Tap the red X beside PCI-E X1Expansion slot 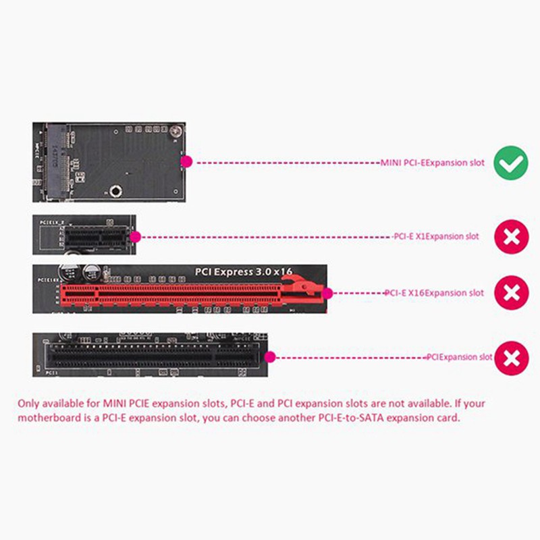tap(512, 237)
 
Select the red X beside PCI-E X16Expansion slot tap(512, 293)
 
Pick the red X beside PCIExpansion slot tap(512, 357)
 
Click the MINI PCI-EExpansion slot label tap(432, 163)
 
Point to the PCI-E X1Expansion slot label tap(436, 237)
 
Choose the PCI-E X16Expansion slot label tap(434, 293)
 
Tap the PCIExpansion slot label tap(460, 357)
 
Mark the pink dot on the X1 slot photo tap(135, 237)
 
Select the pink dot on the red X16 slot tap(329, 293)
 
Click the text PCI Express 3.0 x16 tap(244, 271)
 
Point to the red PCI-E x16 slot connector tap(182, 293)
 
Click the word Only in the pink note tap(29, 404)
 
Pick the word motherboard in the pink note tap(48, 418)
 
